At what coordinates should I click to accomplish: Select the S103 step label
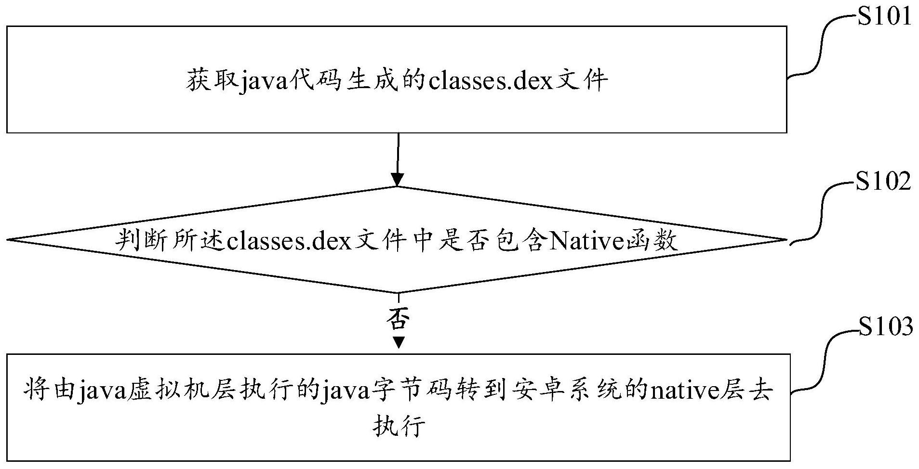[885, 327]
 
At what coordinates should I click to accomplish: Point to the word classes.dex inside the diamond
[288, 240]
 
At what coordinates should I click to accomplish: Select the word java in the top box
[264, 80]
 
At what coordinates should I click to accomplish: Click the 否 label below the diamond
[398, 318]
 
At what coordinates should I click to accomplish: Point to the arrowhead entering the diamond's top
[398, 180]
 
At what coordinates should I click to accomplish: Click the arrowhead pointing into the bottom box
[398, 342]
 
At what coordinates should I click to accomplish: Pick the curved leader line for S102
[820, 212]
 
